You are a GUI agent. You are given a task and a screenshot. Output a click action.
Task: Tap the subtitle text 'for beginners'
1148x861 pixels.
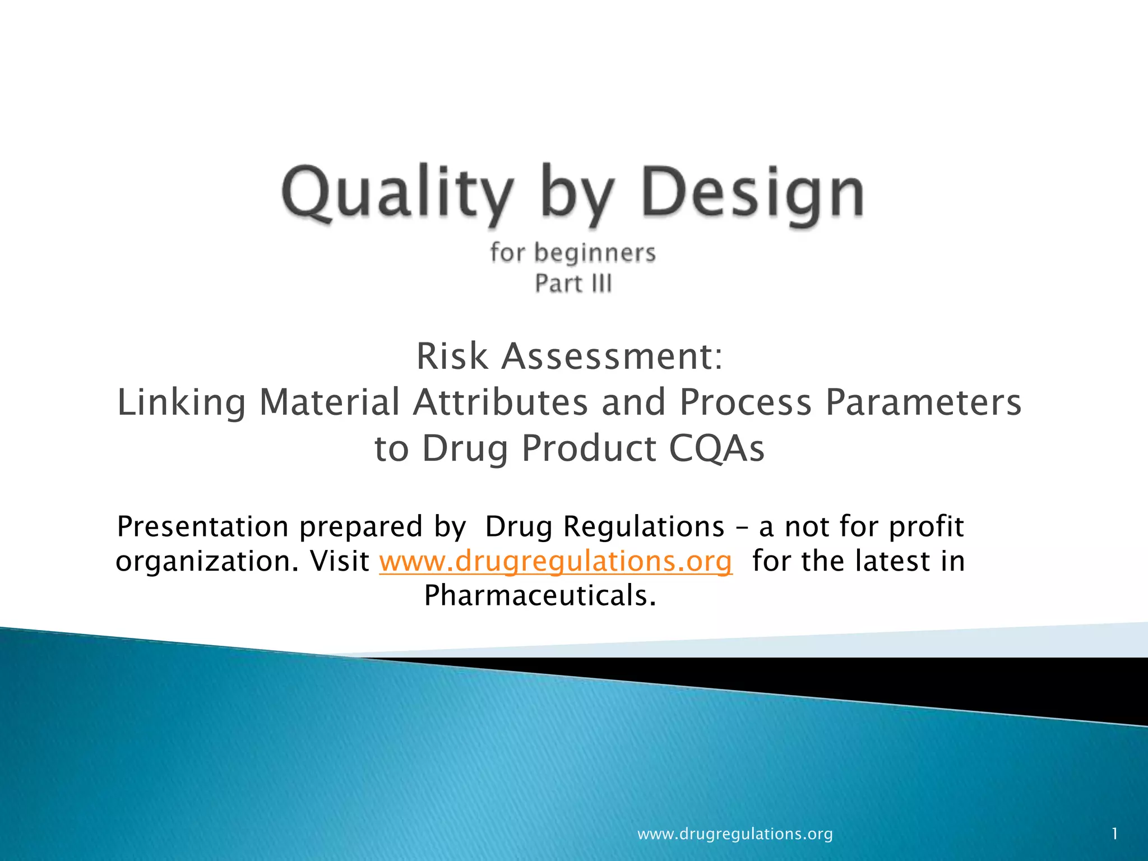(572, 253)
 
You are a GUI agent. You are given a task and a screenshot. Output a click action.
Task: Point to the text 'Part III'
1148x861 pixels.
(573, 283)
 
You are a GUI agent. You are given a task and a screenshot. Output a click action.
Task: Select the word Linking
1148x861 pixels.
(181, 403)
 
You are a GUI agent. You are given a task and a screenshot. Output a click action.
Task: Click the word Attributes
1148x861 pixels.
(501, 403)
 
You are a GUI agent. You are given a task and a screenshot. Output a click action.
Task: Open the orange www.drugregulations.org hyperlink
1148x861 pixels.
(556, 561)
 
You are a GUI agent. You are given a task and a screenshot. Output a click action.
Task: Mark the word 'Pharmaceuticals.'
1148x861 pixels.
(540, 595)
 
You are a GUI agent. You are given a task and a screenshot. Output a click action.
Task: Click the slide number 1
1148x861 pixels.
(1114, 834)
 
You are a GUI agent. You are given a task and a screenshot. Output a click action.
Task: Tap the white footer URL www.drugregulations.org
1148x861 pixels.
(735, 834)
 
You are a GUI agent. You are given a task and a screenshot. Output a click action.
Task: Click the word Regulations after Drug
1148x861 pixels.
(644, 527)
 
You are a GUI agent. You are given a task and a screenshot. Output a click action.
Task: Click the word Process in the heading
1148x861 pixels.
(746, 403)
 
